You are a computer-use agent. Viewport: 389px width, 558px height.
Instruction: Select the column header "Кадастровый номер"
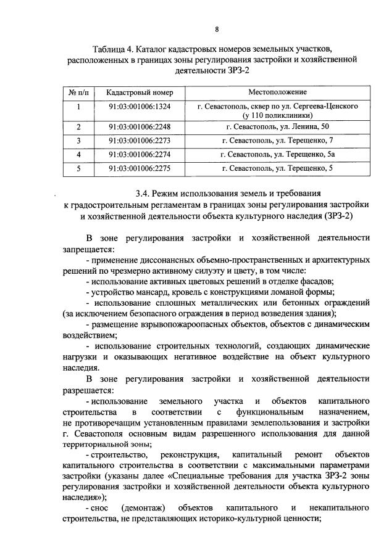140,92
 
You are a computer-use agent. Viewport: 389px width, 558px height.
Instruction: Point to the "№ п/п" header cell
78,92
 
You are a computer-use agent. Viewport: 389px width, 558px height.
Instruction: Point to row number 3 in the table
78,141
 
